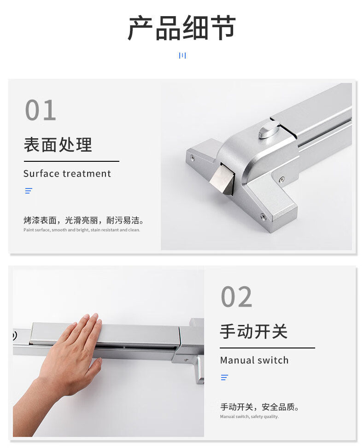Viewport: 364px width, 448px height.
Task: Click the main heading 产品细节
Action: pos(182,28)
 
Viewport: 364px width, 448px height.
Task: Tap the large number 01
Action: pos(41,110)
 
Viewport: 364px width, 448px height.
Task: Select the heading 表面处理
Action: pos(58,145)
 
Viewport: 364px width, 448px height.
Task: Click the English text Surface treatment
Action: pos(67,173)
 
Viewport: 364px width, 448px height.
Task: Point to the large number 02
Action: pos(236,297)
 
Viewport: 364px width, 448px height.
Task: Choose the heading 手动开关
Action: pos(254,331)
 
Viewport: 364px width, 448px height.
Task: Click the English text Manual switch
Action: pos(254,360)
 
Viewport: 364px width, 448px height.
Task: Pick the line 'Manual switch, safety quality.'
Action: pos(249,417)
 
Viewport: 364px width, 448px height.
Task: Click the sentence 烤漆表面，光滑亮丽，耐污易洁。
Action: pos(84,220)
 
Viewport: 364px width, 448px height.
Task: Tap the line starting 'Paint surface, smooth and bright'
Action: pos(82,230)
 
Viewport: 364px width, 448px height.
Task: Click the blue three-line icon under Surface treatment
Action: pos(29,190)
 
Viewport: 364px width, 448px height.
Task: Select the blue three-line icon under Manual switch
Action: pos(224,377)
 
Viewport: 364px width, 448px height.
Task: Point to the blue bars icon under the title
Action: pos(182,55)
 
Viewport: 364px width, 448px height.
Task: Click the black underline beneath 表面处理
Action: pos(71,161)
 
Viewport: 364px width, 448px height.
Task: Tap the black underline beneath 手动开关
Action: pos(267,348)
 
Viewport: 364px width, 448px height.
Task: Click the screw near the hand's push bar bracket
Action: pos(186,360)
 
